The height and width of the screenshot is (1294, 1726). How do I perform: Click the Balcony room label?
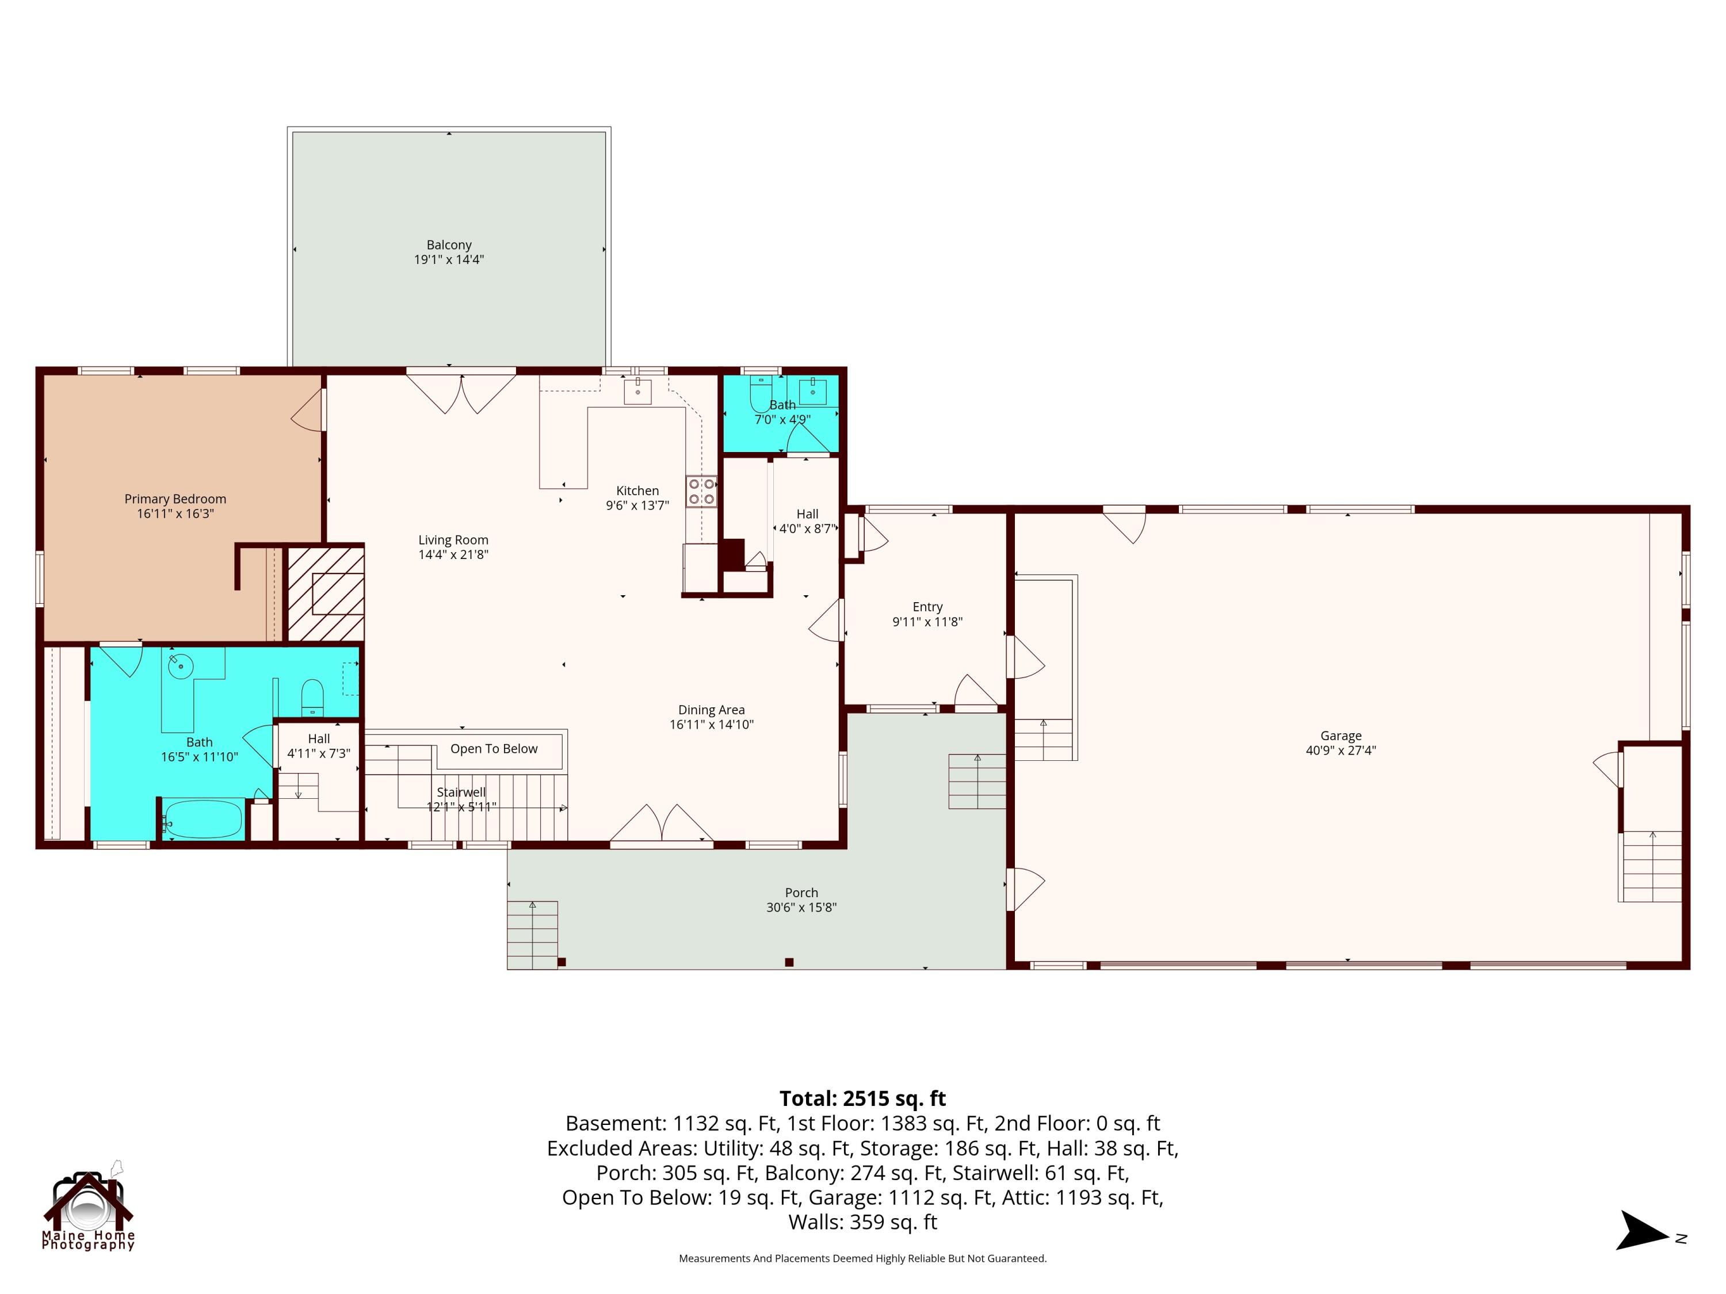[x=449, y=245]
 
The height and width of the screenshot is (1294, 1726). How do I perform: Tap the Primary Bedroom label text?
[x=175, y=499]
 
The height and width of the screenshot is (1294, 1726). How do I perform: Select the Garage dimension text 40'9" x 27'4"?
[x=1341, y=751]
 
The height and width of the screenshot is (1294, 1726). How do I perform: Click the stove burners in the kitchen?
[x=701, y=491]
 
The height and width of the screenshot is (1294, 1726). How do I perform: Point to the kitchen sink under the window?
[x=637, y=391]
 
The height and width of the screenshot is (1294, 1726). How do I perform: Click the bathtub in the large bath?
[x=203, y=819]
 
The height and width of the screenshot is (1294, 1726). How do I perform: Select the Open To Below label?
[x=494, y=749]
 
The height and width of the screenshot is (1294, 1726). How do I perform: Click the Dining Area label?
[x=712, y=710]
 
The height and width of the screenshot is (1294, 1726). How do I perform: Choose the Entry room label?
[x=928, y=607]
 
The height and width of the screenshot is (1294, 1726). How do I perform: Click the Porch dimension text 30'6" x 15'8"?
[x=801, y=907]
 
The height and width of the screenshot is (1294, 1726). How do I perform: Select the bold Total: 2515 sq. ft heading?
[x=863, y=1098]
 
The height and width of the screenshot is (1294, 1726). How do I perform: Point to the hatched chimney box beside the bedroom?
[x=326, y=594]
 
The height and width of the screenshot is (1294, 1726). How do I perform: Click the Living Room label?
[x=453, y=540]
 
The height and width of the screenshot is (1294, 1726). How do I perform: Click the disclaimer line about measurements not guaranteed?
[x=863, y=1258]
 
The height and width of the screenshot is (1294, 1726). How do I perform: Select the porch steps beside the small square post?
[x=532, y=935]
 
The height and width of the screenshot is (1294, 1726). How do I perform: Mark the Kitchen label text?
[x=637, y=491]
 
